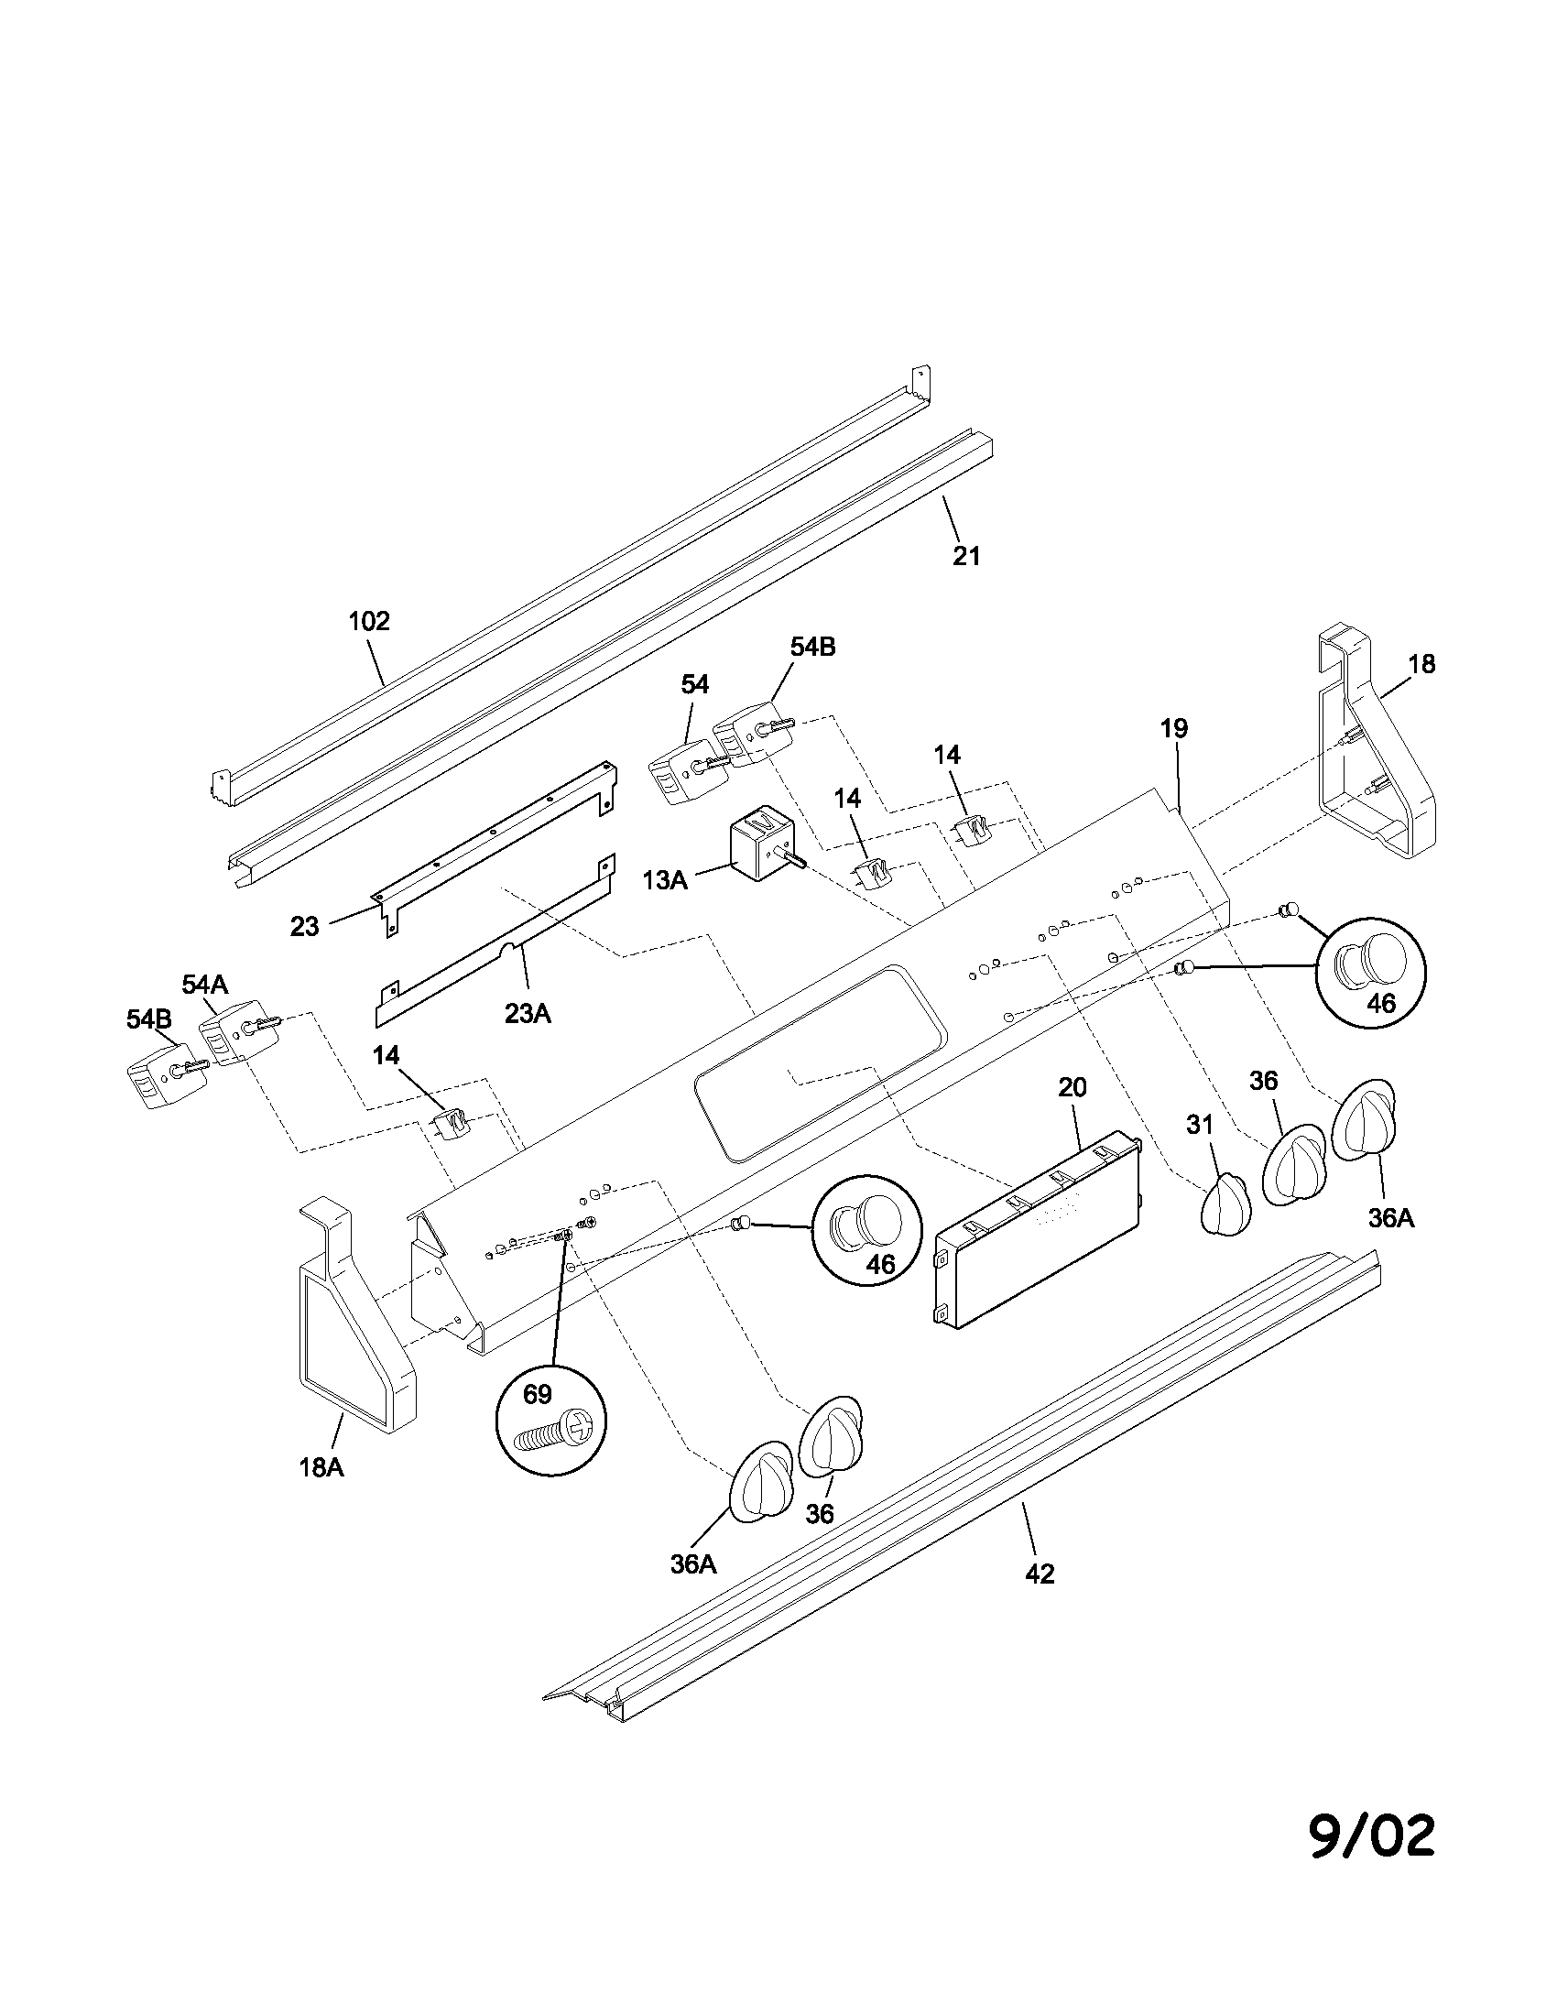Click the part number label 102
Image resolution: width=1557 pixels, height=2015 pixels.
tap(369, 621)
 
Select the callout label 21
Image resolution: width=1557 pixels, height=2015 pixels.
tap(965, 556)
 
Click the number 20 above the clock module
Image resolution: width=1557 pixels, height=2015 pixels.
tap(1072, 1088)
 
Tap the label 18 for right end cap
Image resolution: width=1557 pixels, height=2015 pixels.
tap(1421, 664)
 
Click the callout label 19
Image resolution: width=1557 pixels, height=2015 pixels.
tap(1173, 729)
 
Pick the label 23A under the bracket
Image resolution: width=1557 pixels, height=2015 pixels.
tap(528, 1014)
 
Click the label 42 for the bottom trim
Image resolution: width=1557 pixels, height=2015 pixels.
tap(1040, 1574)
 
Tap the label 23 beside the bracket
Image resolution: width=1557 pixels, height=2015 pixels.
tap(304, 926)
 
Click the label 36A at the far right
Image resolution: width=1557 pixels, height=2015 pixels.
tap(1391, 1219)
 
